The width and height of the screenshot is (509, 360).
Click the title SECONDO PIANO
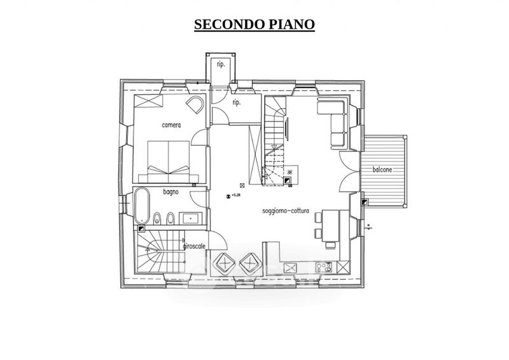tap(254, 24)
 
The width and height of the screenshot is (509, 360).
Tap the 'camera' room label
tap(171, 125)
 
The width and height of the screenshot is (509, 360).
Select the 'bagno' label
tap(170, 191)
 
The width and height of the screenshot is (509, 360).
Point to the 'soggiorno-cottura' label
tap(286, 211)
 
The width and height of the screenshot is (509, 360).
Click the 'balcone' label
tap(382, 170)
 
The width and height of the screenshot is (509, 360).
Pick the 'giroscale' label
tap(193, 246)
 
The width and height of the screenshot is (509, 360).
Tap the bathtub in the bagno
tap(141, 205)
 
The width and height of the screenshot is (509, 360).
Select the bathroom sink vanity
tap(191, 218)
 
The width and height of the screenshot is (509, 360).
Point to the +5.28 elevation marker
tap(233, 195)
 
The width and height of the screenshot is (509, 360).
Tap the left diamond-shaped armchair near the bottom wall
tap(225, 261)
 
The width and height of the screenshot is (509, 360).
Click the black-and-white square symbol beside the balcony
tap(364, 202)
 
